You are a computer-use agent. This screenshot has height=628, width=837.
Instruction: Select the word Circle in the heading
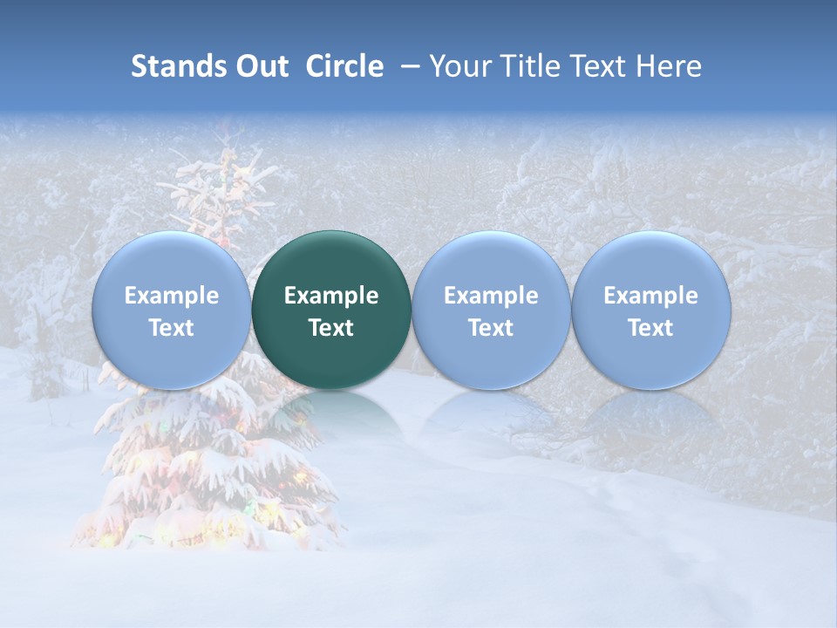(344, 66)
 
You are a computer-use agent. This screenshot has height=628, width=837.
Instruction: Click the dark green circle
(331, 310)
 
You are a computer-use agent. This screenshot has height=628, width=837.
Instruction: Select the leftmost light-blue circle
(171, 310)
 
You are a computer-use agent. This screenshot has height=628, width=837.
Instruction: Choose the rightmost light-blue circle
(650, 310)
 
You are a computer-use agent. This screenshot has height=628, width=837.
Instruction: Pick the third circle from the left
(491, 310)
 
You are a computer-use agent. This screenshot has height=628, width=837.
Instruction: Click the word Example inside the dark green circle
(331, 296)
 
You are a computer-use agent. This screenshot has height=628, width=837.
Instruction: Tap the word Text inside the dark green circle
(331, 328)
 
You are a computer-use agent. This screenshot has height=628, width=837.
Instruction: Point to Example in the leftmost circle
(171, 296)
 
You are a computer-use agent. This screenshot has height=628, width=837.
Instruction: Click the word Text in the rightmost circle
(650, 328)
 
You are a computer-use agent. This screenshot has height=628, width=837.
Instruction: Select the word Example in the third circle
(491, 296)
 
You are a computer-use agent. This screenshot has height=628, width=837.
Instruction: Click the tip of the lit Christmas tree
(228, 131)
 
